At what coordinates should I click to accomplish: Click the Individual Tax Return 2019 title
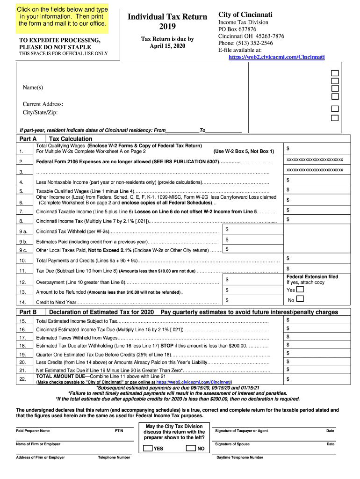click(167, 21)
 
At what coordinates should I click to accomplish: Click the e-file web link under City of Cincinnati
click(276, 57)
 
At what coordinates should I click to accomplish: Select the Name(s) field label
click(33, 88)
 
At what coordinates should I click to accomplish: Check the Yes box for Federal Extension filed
click(300, 290)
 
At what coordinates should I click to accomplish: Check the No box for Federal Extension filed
click(300, 299)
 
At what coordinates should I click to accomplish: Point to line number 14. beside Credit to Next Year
click(22, 302)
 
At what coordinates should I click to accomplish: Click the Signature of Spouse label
click(232, 444)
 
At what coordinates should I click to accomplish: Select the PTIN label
click(119, 431)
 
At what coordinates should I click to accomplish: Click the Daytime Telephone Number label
click(240, 457)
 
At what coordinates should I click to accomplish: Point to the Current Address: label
click(43, 104)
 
